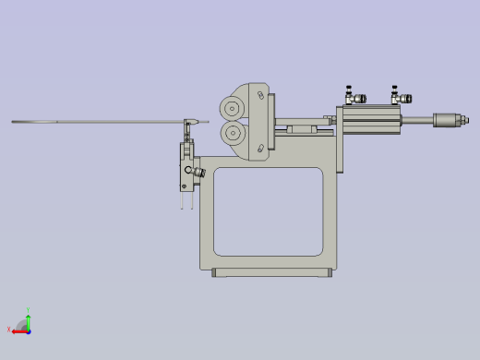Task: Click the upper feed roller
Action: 231,108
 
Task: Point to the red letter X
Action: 9,330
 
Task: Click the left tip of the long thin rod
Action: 13,122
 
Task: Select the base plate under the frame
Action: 270,272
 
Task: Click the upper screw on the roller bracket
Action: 262,96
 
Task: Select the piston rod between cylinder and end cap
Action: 417,119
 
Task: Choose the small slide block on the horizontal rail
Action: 300,129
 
